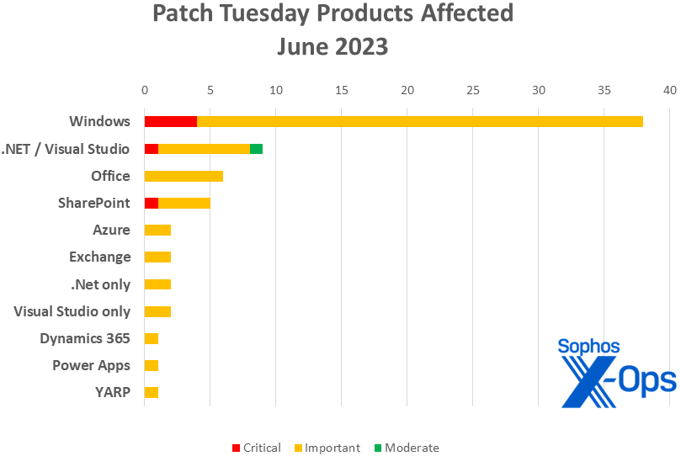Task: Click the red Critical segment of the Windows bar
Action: pyautogui.click(x=170, y=121)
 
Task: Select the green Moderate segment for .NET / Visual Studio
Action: pyautogui.click(x=256, y=149)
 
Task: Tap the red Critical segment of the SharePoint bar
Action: pyautogui.click(x=151, y=203)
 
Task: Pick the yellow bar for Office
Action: pyautogui.click(x=184, y=176)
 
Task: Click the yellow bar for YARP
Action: pyautogui.click(x=151, y=392)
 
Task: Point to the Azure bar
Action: pyautogui.click(x=157, y=230)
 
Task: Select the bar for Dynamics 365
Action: pyautogui.click(x=151, y=338)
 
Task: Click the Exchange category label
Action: pyautogui.click(x=100, y=257)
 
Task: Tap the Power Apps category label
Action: pyautogui.click(x=91, y=365)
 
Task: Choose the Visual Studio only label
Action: pyautogui.click(x=72, y=311)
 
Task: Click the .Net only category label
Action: pyautogui.click(x=100, y=284)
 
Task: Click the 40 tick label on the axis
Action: pyautogui.click(x=669, y=90)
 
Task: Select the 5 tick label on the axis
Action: pyautogui.click(x=210, y=90)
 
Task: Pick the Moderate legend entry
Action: pyautogui.click(x=407, y=448)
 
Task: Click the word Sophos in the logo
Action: pyautogui.click(x=588, y=347)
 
